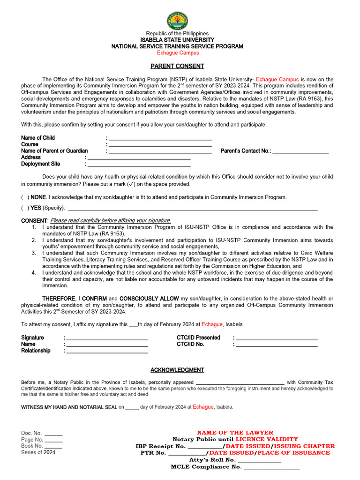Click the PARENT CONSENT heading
177,66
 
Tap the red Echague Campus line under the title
178,53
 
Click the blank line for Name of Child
160,139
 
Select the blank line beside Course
160,146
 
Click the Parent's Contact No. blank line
300,152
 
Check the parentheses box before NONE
25,197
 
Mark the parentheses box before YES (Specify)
25,208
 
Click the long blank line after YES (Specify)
193,209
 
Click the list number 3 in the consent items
34,253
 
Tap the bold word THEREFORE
59,299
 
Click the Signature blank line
107,339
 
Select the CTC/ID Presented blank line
277,339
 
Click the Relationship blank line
107,352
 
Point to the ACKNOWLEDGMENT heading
177,370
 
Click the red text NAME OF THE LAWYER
235,433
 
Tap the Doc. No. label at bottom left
31,433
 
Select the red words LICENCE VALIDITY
260,439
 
